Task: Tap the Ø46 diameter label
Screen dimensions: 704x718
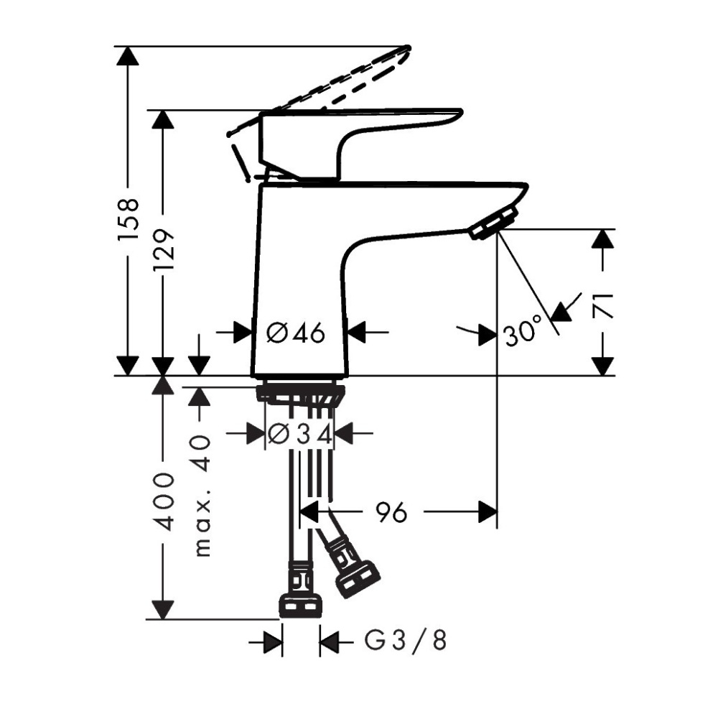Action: [296, 333]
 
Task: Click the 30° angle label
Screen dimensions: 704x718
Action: [522, 333]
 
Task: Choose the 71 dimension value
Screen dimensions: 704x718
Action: [603, 305]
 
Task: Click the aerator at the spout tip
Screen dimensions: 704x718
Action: [493, 222]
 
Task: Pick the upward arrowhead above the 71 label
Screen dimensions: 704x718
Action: [603, 239]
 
